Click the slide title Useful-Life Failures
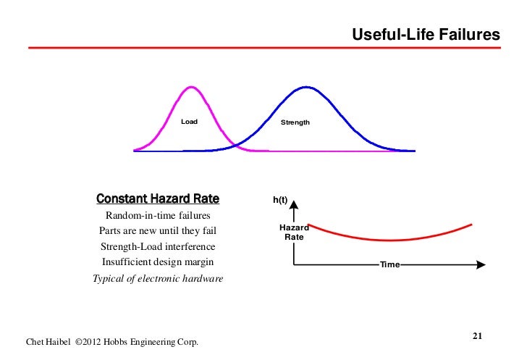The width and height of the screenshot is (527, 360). pyautogui.click(x=426, y=35)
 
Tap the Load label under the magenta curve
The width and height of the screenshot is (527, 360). pyautogui.click(x=189, y=122)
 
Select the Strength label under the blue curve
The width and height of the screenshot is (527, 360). pyautogui.click(x=295, y=122)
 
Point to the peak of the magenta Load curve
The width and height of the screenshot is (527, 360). pyautogui.click(x=191, y=87)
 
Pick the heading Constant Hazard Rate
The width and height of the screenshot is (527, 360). pyautogui.click(x=158, y=198)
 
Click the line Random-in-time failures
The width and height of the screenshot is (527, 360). pyautogui.click(x=158, y=216)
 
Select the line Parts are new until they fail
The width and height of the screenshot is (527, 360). pyautogui.click(x=158, y=232)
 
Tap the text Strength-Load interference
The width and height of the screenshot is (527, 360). pyautogui.click(x=158, y=247)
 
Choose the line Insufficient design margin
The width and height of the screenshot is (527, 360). pyautogui.click(x=158, y=262)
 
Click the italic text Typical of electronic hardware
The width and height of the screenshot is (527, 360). pyautogui.click(x=158, y=279)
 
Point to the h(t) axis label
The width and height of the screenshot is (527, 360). pyautogui.click(x=280, y=199)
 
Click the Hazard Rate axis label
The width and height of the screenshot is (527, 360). pyautogui.click(x=294, y=233)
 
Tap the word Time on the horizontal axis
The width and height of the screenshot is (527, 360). pyautogui.click(x=389, y=266)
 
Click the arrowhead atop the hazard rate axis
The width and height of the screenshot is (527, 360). pyautogui.click(x=295, y=204)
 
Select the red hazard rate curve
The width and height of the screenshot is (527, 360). pyautogui.click(x=391, y=239)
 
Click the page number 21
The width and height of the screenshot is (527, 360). pyautogui.click(x=477, y=335)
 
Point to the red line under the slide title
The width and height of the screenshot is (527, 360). pyautogui.click(x=263, y=49)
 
